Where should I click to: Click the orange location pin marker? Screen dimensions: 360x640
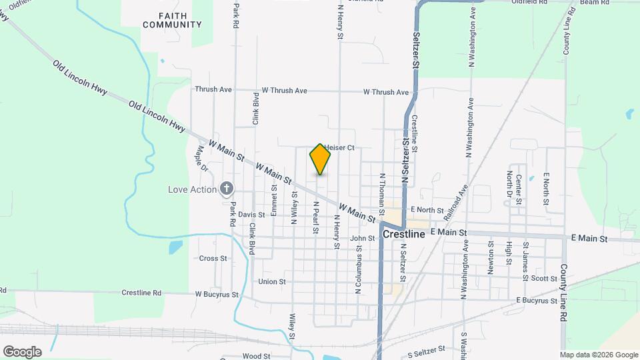(x=320, y=159)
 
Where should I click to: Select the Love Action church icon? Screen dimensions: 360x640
(x=227, y=189)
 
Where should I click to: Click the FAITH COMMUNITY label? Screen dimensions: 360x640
(x=172, y=20)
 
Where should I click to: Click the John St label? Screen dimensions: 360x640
(x=363, y=238)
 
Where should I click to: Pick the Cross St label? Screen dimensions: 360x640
(x=213, y=258)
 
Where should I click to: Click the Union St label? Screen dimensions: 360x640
(x=271, y=282)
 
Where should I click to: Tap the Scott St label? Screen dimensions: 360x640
(x=544, y=278)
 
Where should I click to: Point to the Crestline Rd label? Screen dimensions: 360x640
(x=141, y=293)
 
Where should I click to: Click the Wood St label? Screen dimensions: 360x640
(x=256, y=357)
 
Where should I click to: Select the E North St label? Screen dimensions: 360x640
(x=427, y=210)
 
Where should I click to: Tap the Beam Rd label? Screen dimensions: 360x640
(x=594, y=3)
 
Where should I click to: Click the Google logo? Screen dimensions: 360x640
(x=22, y=351)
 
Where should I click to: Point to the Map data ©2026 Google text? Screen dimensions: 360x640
(x=599, y=355)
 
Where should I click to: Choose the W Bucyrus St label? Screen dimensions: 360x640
(x=217, y=293)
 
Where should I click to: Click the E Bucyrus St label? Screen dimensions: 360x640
(x=537, y=301)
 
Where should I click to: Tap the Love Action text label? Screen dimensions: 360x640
(x=193, y=189)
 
